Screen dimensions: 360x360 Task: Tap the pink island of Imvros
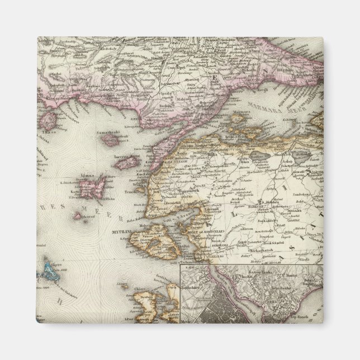[127, 163]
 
